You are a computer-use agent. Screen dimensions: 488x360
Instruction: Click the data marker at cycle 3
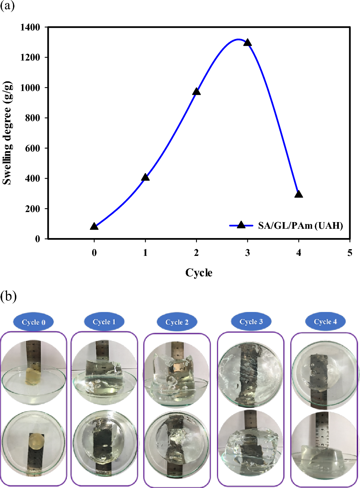click(x=247, y=43)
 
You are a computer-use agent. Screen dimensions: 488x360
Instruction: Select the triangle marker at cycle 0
click(x=94, y=226)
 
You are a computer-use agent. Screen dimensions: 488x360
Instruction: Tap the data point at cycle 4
click(x=299, y=194)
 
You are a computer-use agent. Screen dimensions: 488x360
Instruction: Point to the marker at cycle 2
click(x=197, y=92)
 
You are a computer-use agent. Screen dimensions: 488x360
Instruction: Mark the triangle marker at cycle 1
click(x=146, y=177)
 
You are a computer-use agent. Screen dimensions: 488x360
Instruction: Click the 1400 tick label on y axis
click(x=30, y=27)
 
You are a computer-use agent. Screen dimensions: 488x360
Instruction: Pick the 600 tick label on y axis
click(x=32, y=148)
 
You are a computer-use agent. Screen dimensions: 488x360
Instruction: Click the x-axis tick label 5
click(x=350, y=253)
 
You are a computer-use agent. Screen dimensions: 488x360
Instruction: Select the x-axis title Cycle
click(x=199, y=273)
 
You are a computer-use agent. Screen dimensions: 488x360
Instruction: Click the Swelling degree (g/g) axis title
click(x=7, y=133)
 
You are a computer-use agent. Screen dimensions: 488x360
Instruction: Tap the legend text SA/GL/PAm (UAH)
click(x=300, y=226)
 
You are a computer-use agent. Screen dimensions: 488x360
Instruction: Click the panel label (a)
click(x=7, y=6)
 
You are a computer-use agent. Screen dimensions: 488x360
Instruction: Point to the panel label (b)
click(x=8, y=296)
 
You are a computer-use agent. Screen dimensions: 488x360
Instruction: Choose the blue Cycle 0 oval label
click(x=33, y=322)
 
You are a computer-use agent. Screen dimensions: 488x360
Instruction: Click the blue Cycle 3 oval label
click(x=251, y=322)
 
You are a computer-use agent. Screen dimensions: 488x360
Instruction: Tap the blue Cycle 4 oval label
click(x=325, y=322)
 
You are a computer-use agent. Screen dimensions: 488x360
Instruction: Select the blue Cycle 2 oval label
click(x=177, y=322)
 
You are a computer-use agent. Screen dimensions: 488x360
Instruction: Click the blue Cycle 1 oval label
click(x=104, y=322)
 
